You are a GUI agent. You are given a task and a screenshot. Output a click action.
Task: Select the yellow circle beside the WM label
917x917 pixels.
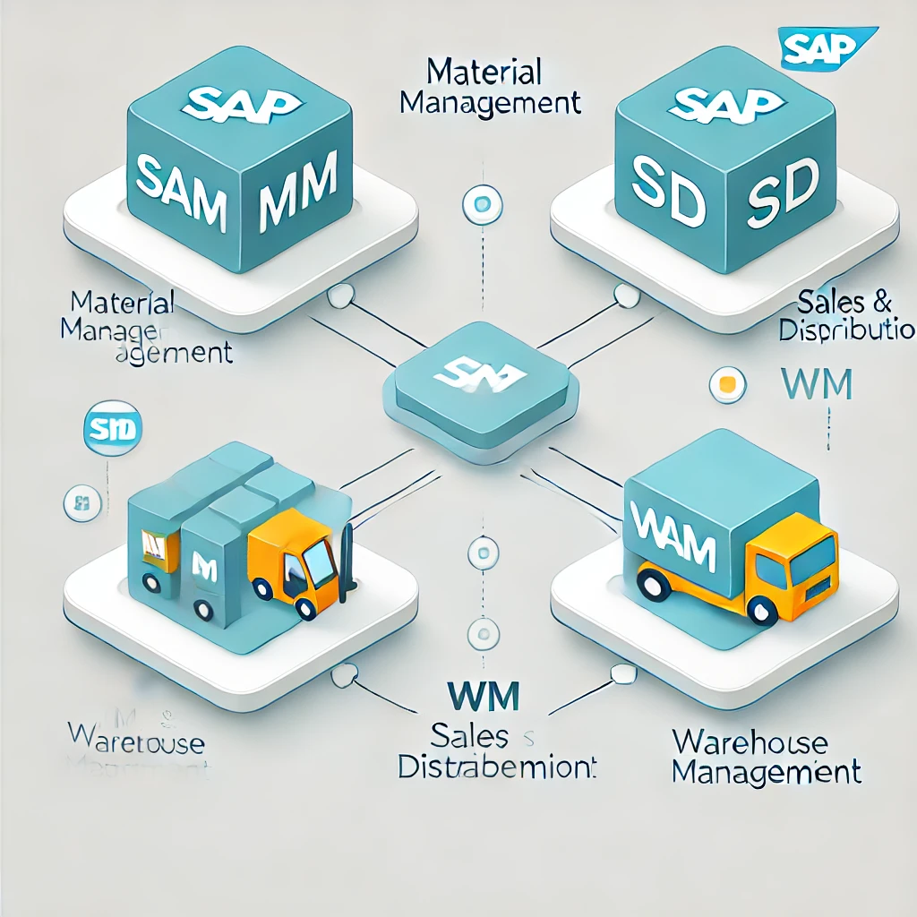point(727,385)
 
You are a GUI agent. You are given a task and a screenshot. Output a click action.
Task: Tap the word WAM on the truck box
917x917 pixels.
point(673,534)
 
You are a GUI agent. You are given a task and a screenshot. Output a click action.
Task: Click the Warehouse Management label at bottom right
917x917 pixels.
point(767,757)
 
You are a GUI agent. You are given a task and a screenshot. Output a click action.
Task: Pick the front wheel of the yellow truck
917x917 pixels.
point(763,612)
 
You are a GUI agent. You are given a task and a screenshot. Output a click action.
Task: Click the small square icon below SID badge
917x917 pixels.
point(80,502)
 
